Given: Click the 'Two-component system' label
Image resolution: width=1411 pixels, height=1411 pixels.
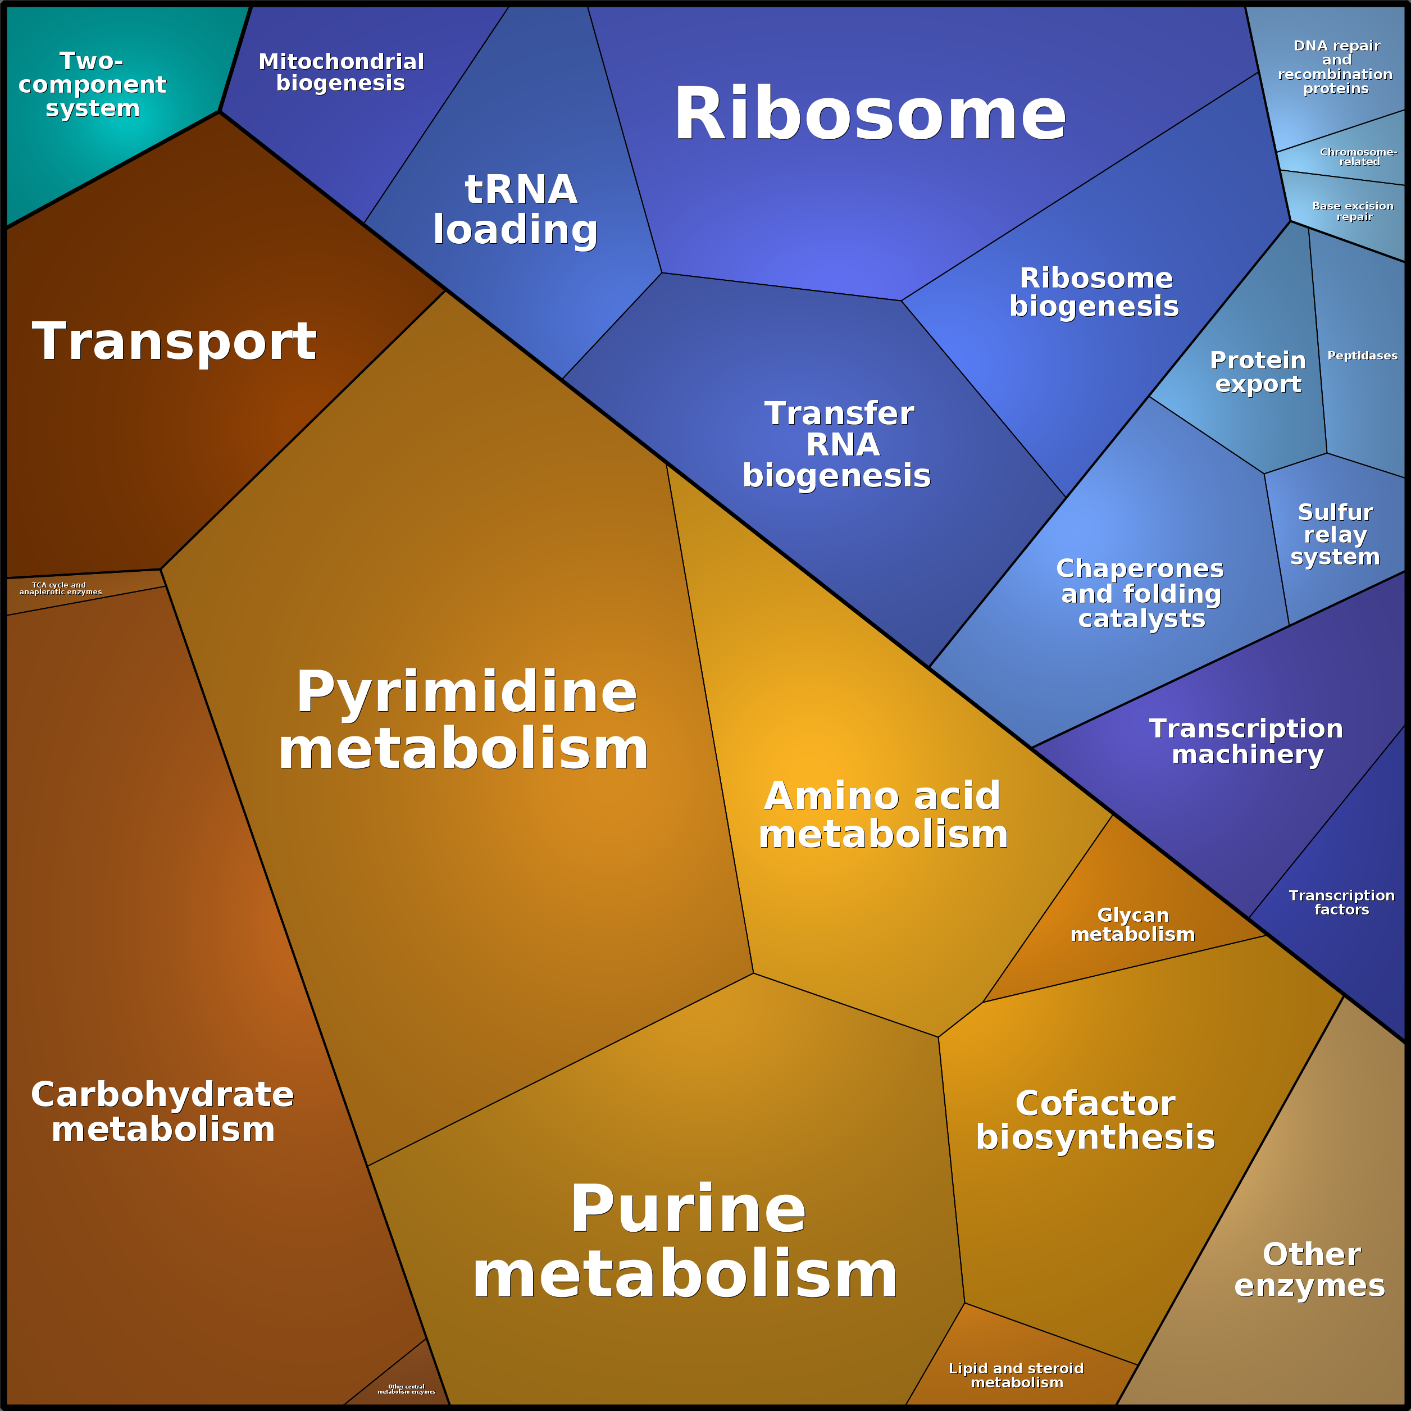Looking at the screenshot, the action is (92, 84).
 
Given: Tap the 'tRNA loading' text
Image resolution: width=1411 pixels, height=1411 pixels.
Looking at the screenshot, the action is (516, 210).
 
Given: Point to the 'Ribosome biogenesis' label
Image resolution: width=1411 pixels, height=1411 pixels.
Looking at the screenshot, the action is (1095, 292).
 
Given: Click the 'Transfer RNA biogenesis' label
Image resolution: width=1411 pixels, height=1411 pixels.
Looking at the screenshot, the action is (837, 444).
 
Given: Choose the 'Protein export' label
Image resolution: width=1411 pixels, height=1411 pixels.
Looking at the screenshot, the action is (1258, 372).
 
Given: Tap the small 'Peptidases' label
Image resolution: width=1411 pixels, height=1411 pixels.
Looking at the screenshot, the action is (1363, 356).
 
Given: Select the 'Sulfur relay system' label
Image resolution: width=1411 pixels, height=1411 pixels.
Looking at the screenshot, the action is (1335, 535).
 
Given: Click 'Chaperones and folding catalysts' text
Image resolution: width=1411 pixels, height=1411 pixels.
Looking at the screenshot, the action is (1141, 594).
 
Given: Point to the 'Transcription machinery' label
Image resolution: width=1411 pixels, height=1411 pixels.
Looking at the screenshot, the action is (1246, 741).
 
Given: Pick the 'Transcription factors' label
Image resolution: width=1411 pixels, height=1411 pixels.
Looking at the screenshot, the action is (1341, 903).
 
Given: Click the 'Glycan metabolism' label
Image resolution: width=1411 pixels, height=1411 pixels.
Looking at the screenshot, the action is (1133, 925).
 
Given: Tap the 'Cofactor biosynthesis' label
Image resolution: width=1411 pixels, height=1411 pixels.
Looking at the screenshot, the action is (1095, 1121).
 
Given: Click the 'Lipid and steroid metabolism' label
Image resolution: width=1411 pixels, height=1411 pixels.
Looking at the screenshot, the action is (1016, 1375).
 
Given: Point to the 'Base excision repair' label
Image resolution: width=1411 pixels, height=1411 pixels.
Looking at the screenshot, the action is (1353, 211).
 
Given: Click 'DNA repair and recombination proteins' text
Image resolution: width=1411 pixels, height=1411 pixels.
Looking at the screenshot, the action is (1336, 67).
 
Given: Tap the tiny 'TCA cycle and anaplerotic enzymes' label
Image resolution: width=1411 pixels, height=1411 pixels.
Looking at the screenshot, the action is (61, 589).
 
